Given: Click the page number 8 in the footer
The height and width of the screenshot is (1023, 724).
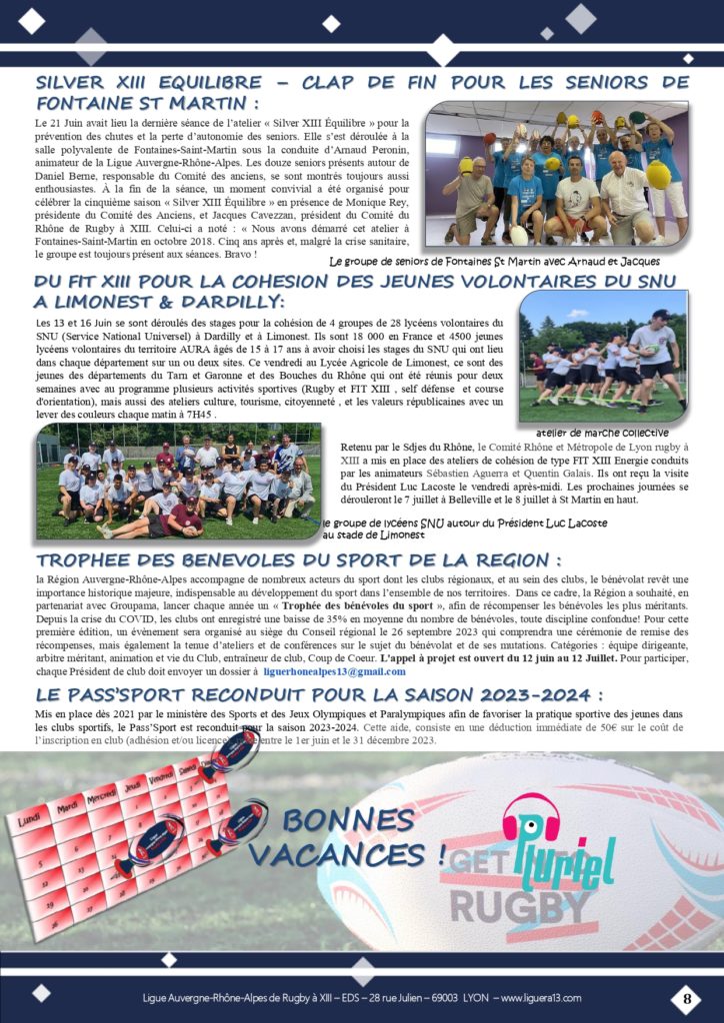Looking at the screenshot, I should click(687, 997).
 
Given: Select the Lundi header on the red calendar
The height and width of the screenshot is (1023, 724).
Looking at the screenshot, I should click(33, 820).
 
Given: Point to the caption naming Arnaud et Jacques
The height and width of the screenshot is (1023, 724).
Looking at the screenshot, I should click(494, 262).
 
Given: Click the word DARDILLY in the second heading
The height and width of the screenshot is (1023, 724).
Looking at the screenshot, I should click(227, 301).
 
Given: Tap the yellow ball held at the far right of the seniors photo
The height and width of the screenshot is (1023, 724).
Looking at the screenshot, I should click(658, 175).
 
